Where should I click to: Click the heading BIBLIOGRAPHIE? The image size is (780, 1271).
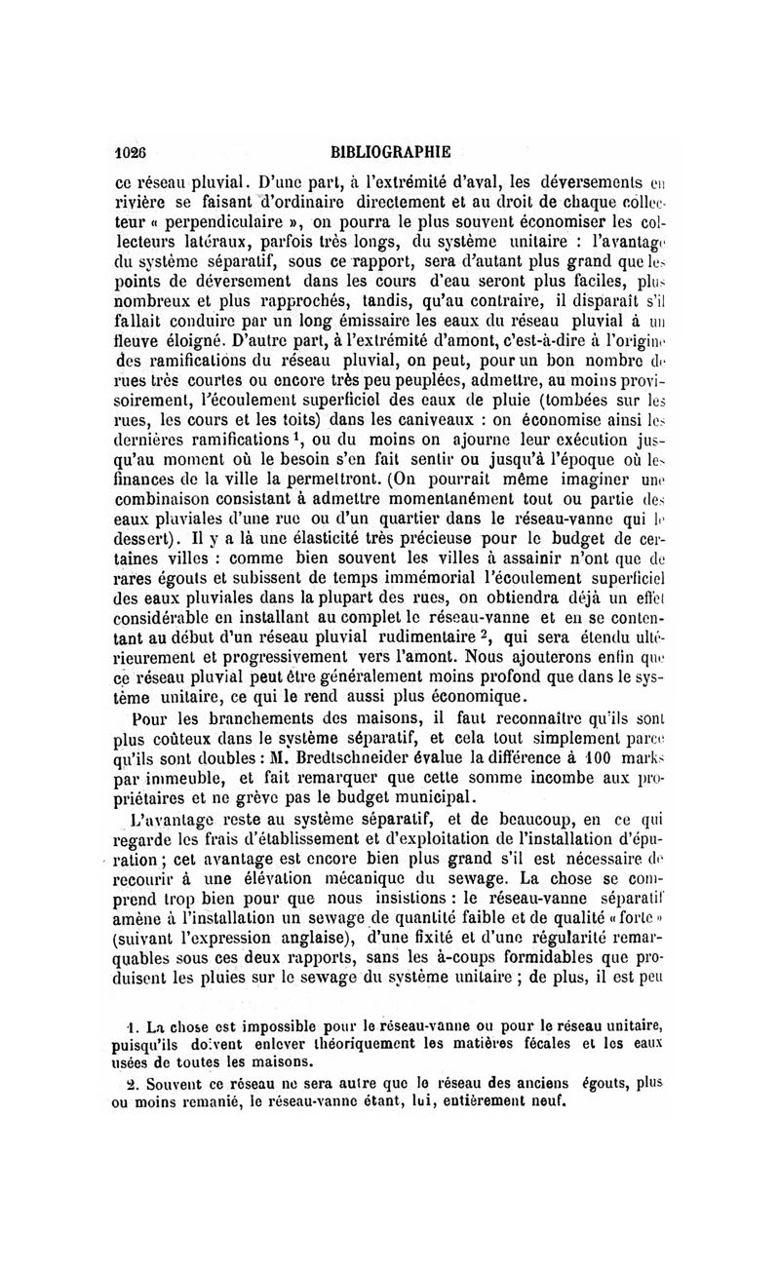(390, 152)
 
